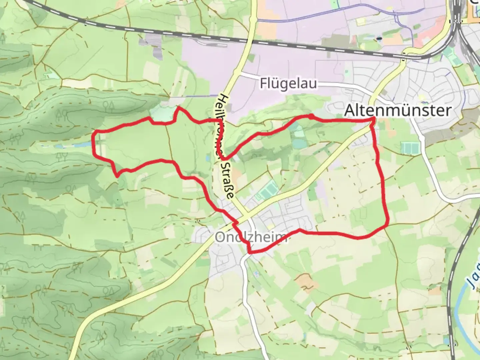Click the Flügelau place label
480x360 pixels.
coord(288,83)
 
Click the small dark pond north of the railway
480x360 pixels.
coord(379,39)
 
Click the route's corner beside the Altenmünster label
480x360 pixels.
coord(373,118)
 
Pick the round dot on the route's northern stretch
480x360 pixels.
coord(311,116)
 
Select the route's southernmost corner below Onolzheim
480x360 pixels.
coord(250,252)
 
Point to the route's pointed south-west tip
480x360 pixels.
coord(117,176)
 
